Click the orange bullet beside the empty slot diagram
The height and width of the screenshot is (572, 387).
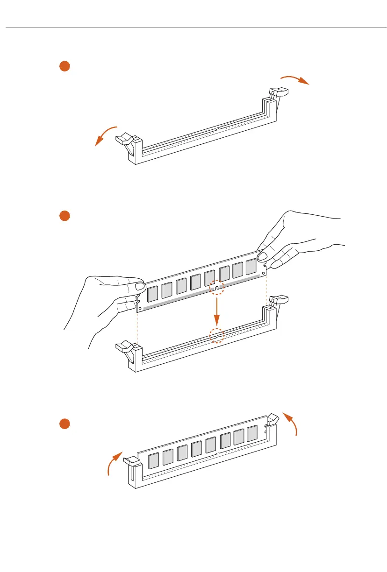(x=64, y=66)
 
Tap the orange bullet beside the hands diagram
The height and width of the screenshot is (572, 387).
(x=64, y=216)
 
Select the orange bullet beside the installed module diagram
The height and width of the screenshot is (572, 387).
(x=64, y=424)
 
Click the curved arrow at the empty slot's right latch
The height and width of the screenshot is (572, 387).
(x=294, y=78)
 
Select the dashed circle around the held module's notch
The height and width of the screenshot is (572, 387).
(x=217, y=288)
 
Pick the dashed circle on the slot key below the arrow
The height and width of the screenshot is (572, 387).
(x=217, y=335)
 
